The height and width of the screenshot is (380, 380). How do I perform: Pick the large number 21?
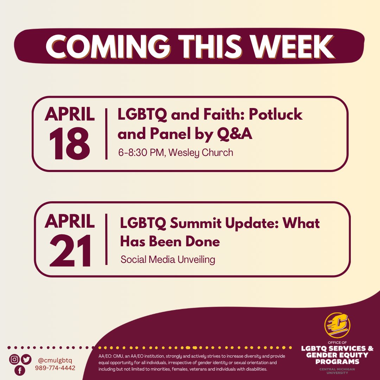coord(70,251)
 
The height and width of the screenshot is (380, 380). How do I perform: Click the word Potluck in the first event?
coord(274,115)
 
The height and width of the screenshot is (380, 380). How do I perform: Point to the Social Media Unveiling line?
coord(167,260)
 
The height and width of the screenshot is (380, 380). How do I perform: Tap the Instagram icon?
coord(14,360)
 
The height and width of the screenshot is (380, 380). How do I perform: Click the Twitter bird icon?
coord(26,360)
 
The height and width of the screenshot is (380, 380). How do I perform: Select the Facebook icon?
coord(20,370)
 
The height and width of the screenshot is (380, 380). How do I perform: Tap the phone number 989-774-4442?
coord(55,368)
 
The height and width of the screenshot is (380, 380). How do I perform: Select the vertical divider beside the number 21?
coord(106,239)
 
